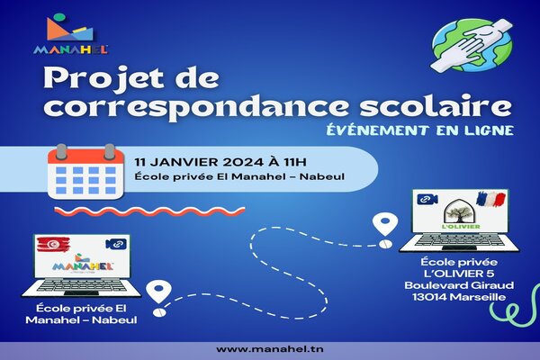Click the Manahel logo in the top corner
pos(71,34)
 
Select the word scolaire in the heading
pos(436,106)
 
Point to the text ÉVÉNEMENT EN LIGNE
pos(419,130)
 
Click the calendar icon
pos(85,172)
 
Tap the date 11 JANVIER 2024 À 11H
pos(220,162)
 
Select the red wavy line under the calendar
pos(149,211)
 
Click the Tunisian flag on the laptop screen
pos(53,244)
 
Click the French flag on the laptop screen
pos(490,199)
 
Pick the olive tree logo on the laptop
pos(461,214)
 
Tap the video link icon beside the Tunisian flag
pos(116,244)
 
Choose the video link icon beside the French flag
pos(427,199)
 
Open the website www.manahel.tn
pos(270,349)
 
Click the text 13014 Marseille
pos(459,297)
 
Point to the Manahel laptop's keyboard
pos(81,285)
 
